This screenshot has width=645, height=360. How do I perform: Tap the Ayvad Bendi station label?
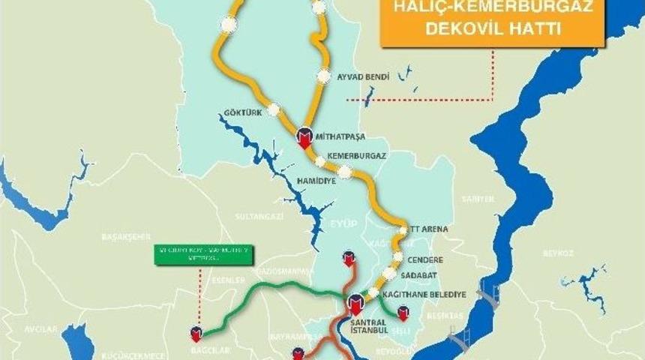point(361,77)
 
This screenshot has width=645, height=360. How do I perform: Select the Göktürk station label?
point(241,113)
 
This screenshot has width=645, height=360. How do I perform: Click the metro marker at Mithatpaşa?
point(304,137)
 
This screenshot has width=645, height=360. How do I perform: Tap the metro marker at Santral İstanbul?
point(355,304)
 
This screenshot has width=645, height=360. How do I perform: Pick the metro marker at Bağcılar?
point(196,332)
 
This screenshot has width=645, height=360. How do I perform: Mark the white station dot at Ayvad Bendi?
point(323,76)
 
